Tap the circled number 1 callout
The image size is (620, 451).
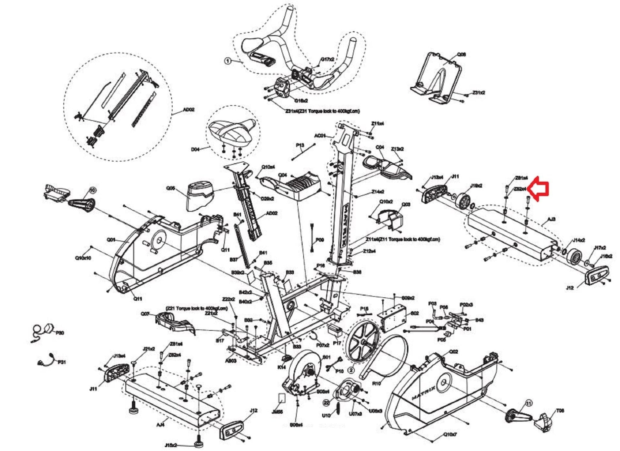coord(228,61)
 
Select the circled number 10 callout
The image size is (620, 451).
coord(92,190)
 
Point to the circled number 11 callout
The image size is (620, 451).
coord(529,403)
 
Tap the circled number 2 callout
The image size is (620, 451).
coord(351,370)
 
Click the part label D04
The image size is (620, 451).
coord(196,149)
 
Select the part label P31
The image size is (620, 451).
coord(61,362)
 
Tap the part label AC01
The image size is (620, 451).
coord(320,136)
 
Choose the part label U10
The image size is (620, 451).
coord(326,415)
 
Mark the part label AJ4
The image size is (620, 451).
coord(161,425)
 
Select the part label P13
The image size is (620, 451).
coord(300,145)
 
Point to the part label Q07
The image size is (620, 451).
coord(145,314)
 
